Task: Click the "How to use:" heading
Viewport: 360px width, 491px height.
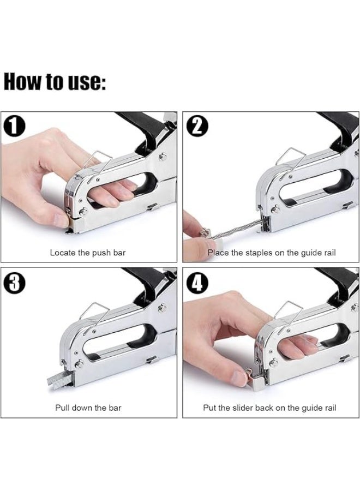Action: [55, 81]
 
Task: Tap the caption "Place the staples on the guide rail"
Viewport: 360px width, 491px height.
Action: [271, 253]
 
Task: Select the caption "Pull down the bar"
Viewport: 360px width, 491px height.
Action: [88, 408]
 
